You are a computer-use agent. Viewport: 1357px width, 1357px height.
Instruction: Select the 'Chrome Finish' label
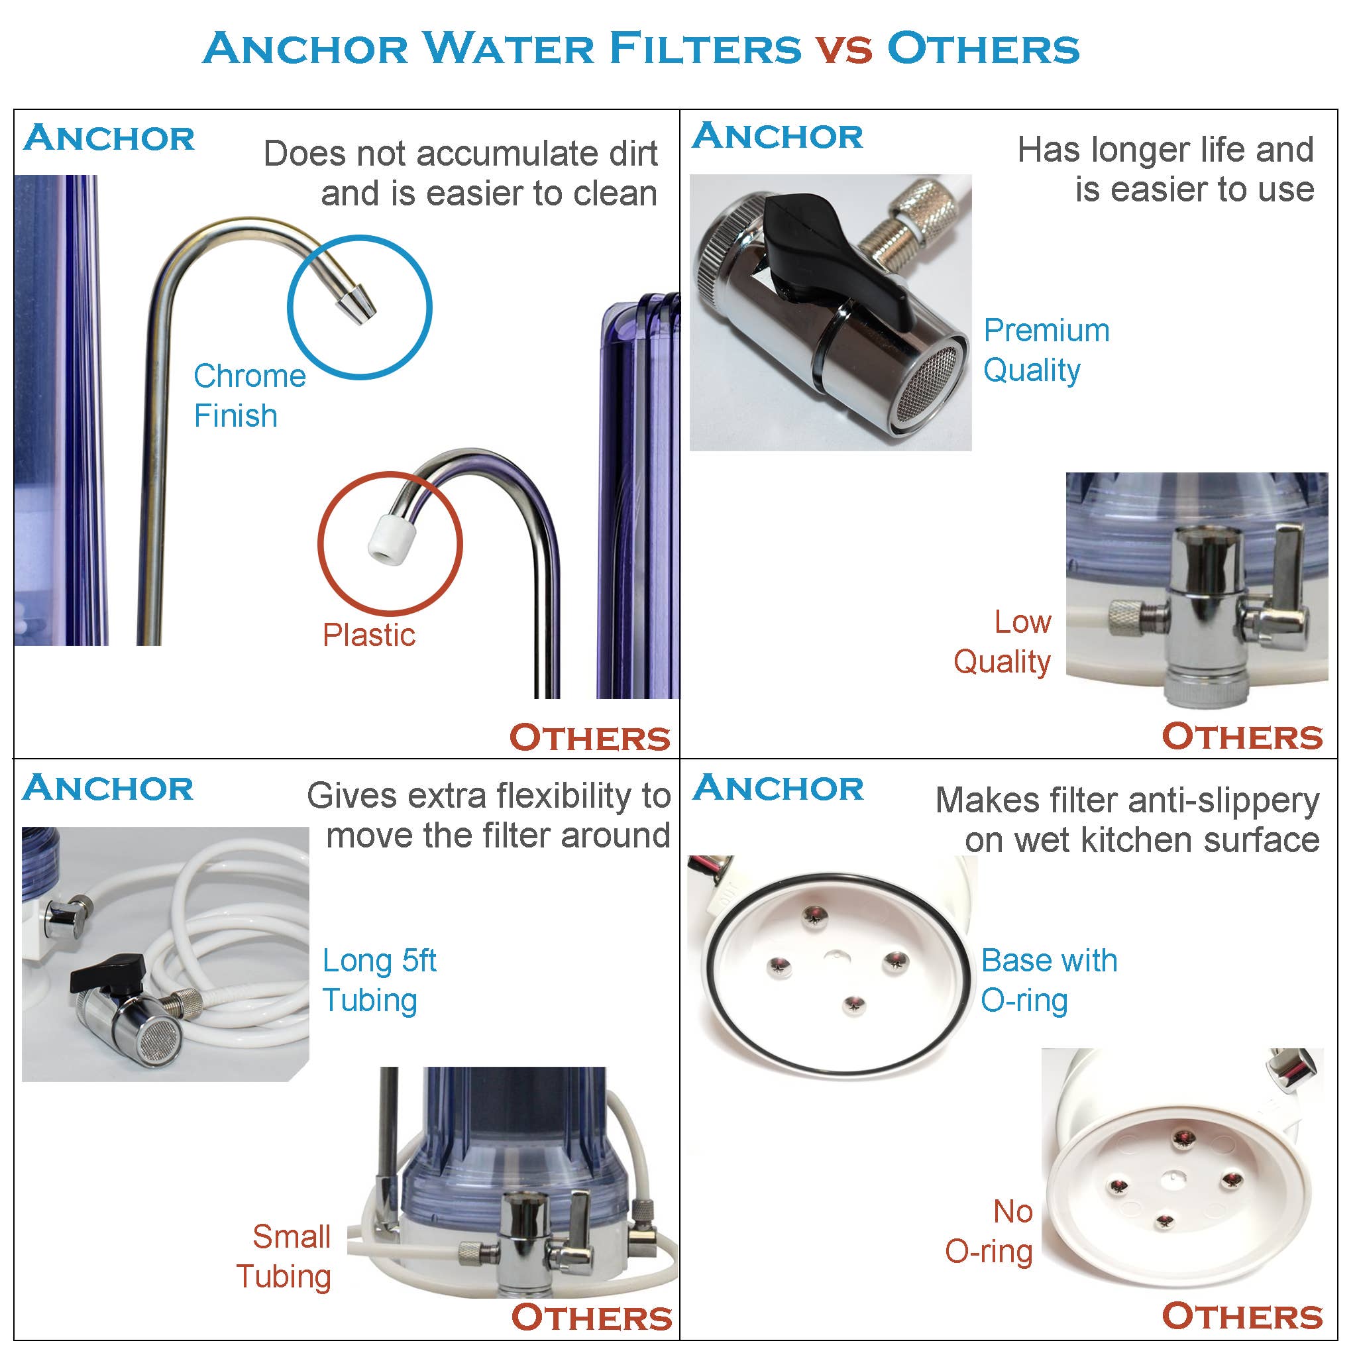pyautogui.click(x=249, y=396)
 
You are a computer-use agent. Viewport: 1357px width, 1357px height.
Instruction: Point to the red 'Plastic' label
pyautogui.click(x=369, y=635)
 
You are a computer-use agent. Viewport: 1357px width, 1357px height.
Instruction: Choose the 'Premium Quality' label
pyautogui.click(x=1045, y=350)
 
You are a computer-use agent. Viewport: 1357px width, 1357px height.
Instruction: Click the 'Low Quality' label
pyautogui.click(x=1003, y=642)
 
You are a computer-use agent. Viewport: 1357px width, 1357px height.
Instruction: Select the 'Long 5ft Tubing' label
pyautogui.click(x=379, y=981)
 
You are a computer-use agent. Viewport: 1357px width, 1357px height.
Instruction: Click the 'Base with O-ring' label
pyautogui.click(x=1049, y=981)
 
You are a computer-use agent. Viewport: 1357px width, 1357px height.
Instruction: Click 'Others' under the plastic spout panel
pyautogui.click(x=590, y=738)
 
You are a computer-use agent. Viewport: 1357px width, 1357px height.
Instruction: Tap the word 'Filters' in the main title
pyautogui.click(x=704, y=49)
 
